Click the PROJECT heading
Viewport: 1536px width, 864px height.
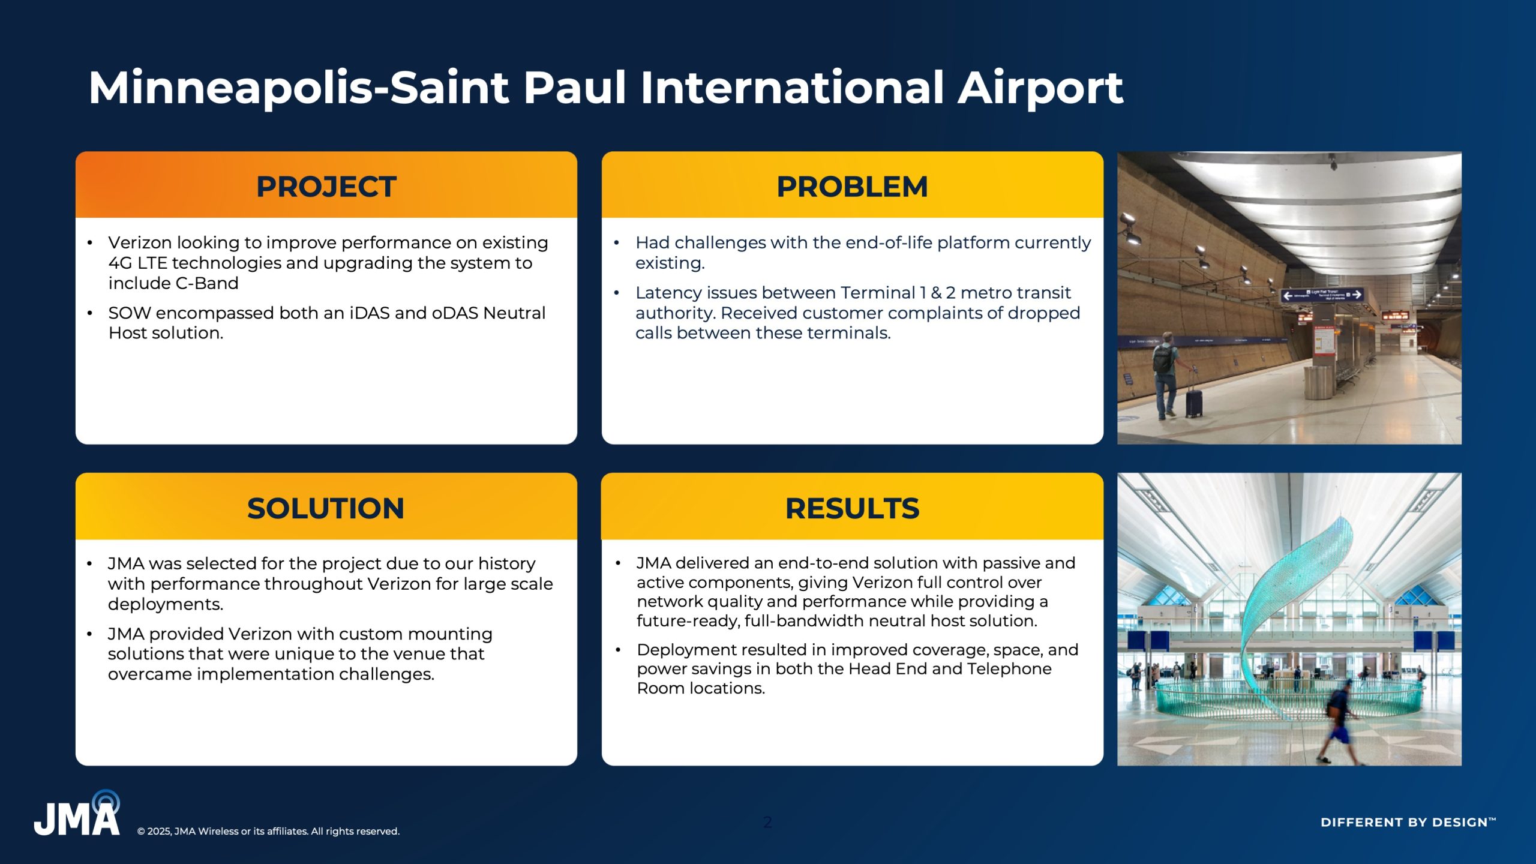326,187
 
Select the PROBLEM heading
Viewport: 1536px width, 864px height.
852,187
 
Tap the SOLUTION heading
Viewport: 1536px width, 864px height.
326,508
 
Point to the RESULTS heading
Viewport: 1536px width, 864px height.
852,508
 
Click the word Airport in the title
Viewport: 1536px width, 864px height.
1040,88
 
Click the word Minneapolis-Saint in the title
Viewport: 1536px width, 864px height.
299,88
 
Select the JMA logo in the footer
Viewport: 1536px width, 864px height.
77,813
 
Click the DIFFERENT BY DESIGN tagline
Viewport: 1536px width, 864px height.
1408,822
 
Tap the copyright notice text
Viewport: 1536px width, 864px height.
268,831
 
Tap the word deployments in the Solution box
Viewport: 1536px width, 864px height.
166,605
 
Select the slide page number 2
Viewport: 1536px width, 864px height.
768,822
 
